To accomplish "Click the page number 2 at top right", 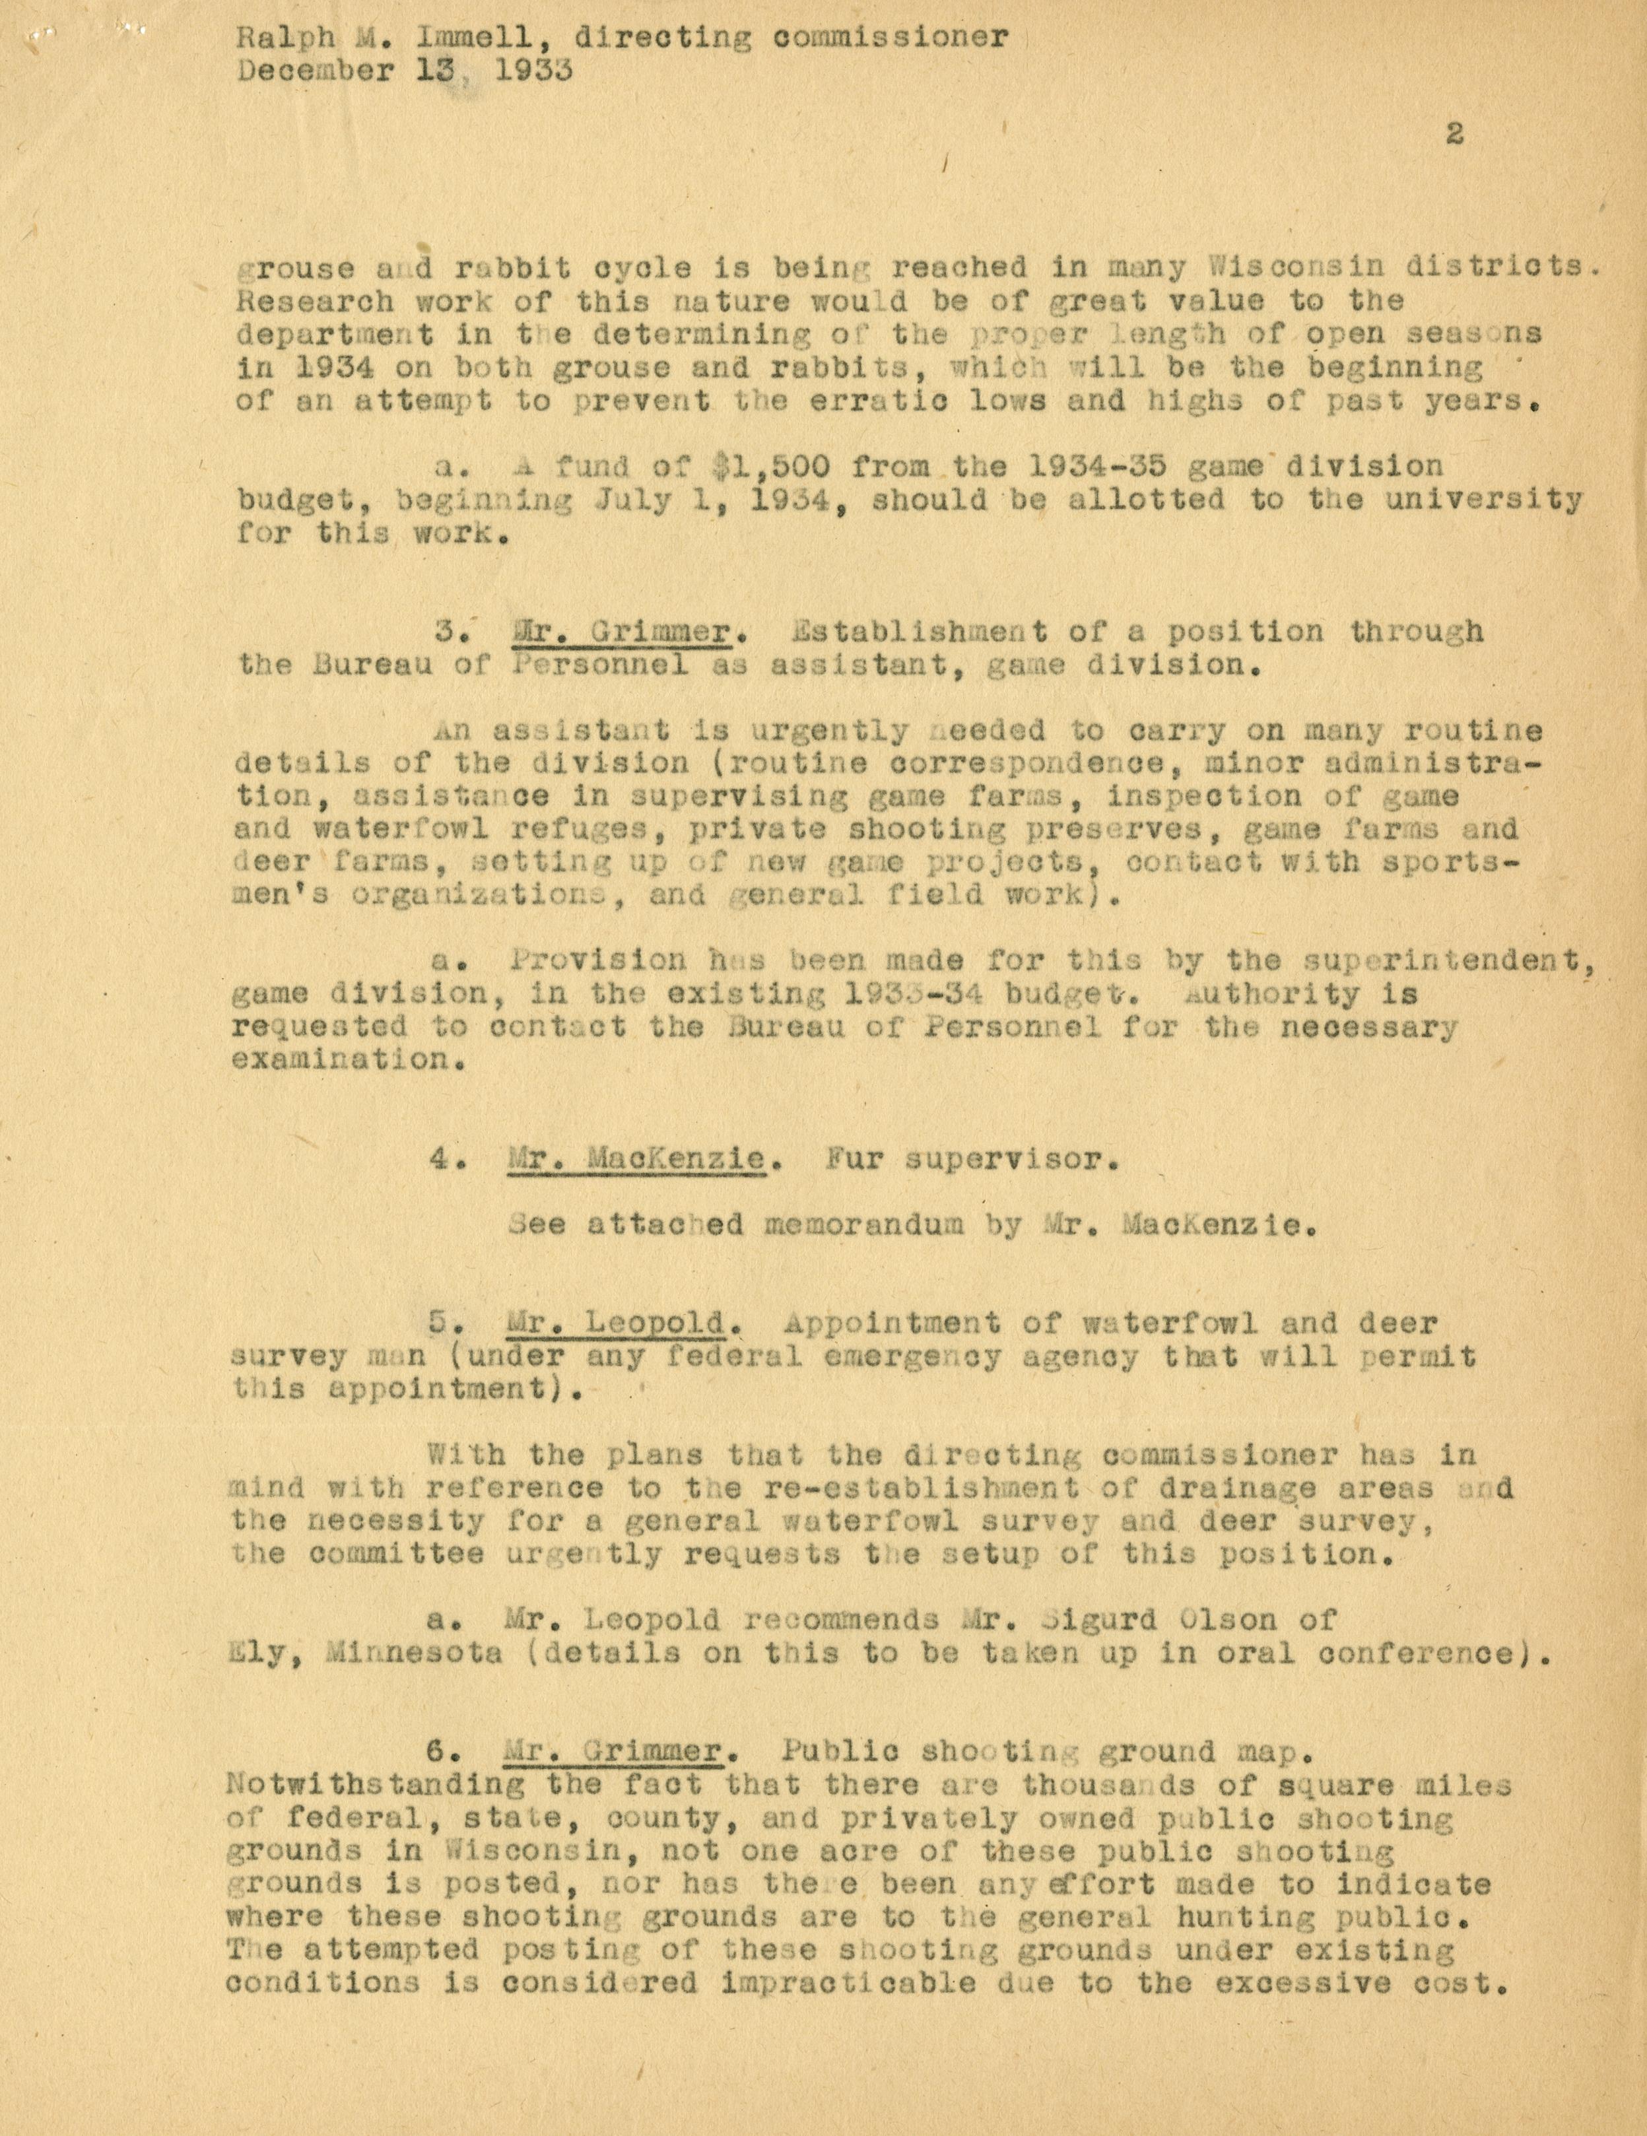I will [x=1454, y=134].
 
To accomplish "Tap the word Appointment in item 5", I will [x=893, y=1323].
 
